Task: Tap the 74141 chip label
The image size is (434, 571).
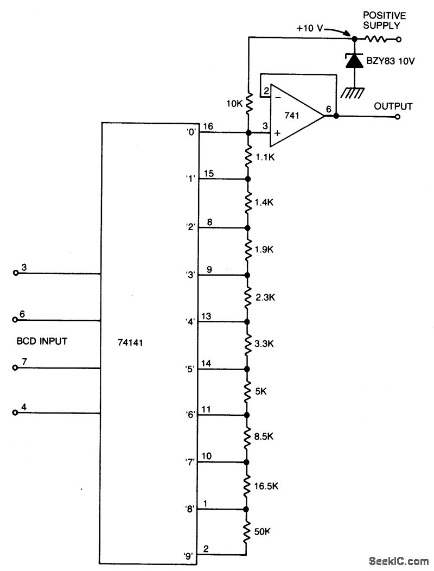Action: [x=130, y=342]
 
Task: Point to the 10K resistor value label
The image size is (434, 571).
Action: [x=235, y=103]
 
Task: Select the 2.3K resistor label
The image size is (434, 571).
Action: [x=266, y=297]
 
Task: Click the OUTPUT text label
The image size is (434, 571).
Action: [x=393, y=106]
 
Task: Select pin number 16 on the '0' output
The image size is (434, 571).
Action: [x=208, y=126]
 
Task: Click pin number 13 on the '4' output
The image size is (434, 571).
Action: [x=207, y=316]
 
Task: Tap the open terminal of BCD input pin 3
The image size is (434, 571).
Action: [x=16, y=274]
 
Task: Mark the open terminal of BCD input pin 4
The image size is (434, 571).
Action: [x=16, y=413]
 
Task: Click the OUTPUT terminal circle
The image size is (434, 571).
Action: [x=399, y=116]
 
